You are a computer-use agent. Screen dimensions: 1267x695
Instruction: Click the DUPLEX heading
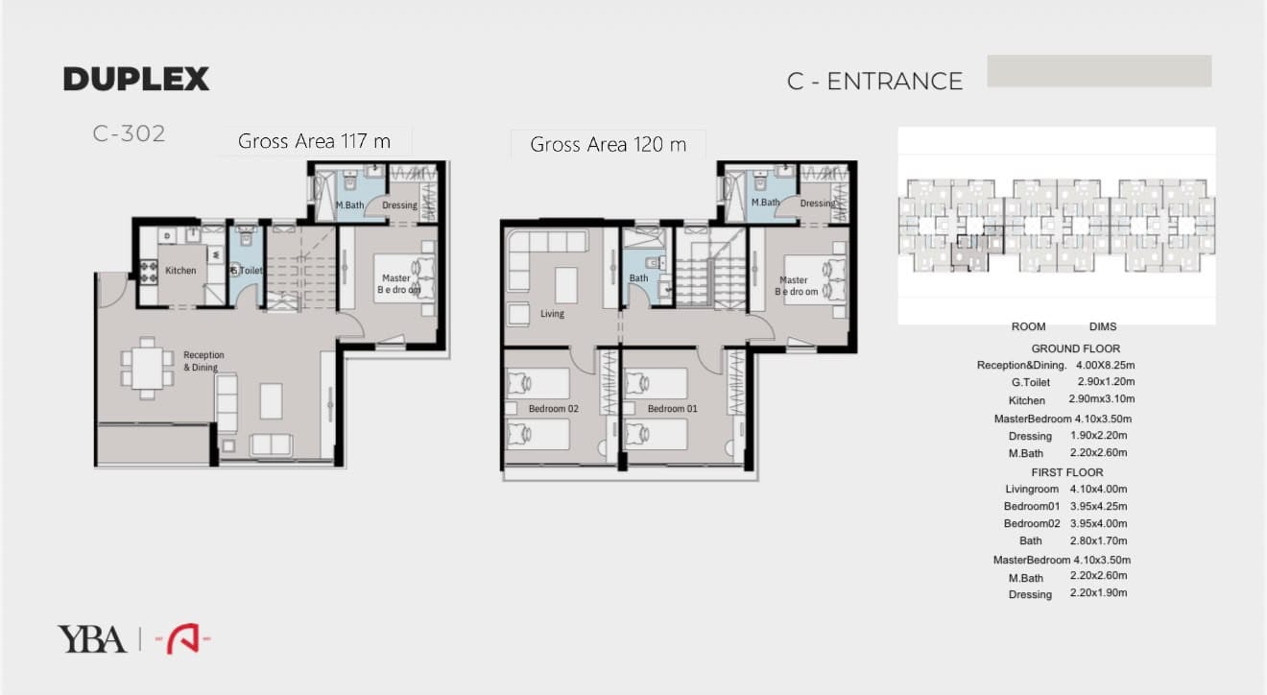click(x=135, y=79)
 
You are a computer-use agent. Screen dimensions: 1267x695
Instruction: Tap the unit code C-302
click(x=129, y=134)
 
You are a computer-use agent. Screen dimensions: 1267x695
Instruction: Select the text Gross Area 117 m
click(x=314, y=141)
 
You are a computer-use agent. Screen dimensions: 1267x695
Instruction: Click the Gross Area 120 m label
click(x=608, y=144)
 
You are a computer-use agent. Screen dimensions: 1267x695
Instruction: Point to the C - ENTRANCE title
click(x=874, y=82)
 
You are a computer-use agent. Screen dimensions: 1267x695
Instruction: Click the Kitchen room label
click(x=180, y=271)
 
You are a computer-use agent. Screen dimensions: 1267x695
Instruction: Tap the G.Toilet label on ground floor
click(x=247, y=271)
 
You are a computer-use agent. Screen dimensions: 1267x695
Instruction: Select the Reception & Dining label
click(x=203, y=361)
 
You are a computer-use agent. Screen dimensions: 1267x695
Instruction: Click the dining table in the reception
click(x=147, y=369)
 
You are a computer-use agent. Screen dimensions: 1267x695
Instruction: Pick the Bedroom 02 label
click(x=553, y=408)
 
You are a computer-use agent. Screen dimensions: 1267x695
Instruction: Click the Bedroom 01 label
click(x=672, y=408)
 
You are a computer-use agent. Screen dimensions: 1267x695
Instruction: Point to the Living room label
click(x=552, y=314)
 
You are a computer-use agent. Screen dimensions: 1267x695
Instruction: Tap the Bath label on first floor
click(x=638, y=278)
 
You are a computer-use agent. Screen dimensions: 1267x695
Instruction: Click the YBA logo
click(x=91, y=639)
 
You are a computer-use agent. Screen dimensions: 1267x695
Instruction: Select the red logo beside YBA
click(x=183, y=639)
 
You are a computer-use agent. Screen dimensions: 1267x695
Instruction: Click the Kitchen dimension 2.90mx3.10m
click(x=1101, y=398)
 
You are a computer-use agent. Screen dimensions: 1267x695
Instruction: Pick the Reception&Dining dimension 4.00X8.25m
click(x=1105, y=366)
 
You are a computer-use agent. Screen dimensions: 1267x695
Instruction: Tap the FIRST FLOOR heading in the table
click(x=1066, y=472)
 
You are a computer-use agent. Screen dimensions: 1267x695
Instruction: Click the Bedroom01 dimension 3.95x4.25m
click(x=1098, y=506)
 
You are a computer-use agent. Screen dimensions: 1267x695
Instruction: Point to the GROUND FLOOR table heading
click(x=1075, y=348)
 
